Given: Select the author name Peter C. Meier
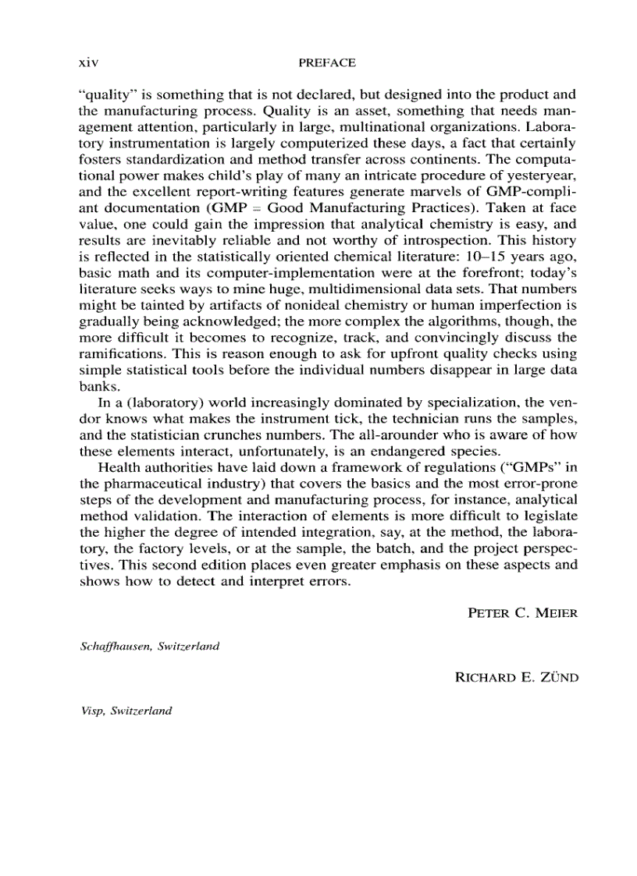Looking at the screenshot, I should click(522, 614).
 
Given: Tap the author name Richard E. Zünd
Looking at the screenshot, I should click(516, 678).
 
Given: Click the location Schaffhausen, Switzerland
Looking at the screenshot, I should click(149, 647).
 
